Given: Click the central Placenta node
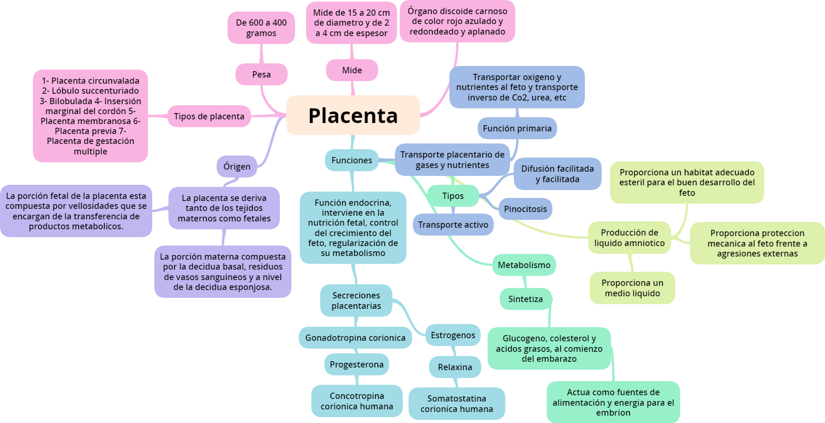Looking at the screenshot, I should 353,115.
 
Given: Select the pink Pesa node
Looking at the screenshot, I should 261,74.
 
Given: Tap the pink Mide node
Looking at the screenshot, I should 352,70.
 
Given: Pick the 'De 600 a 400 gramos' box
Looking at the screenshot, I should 261,28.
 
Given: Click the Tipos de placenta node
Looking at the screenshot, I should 209,116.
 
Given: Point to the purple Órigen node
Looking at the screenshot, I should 237,166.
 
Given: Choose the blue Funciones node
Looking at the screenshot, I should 352,160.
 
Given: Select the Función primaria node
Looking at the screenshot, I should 517,128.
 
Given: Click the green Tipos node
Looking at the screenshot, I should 453,196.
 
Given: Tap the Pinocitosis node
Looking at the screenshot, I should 525,209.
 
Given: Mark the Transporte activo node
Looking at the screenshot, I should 453,225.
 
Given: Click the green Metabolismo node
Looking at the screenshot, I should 524,265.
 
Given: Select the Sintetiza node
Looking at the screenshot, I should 525,299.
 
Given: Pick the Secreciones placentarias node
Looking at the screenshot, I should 356,300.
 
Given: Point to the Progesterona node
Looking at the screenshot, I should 356,364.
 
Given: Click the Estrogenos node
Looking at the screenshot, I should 453,335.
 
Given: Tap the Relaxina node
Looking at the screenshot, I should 455,367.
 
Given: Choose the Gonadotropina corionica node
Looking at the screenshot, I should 355,338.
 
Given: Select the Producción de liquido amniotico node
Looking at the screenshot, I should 629,238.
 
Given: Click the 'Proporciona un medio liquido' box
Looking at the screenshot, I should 632,288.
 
